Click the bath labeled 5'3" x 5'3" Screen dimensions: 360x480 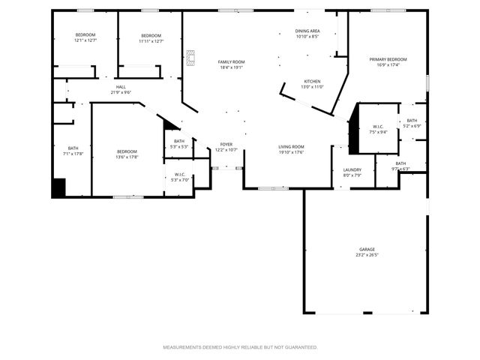(x=179, y=143)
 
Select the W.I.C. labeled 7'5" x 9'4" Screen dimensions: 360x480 (x=379, y=129)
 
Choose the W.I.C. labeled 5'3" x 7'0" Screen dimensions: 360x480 (x=179, y=177)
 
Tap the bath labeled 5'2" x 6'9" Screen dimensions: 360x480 (x=412, y=123)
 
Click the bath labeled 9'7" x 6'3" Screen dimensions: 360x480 (x=400, y=166)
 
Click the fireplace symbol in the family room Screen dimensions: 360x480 (x=190, y=58)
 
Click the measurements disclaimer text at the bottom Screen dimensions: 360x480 (x=240, y=347)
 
